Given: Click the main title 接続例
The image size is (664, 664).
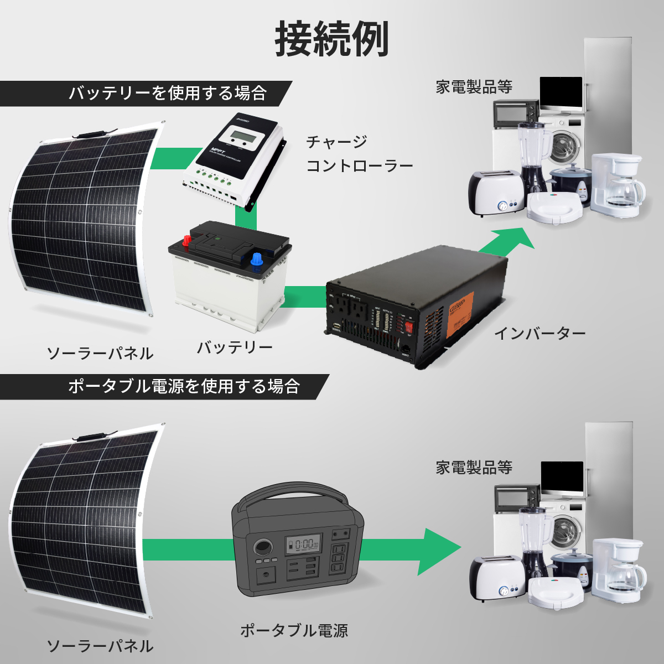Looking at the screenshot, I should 332,40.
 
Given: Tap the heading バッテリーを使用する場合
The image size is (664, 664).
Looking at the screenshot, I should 168,93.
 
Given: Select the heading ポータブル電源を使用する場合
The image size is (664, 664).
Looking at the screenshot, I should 184,386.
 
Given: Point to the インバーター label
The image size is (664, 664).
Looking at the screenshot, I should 539,334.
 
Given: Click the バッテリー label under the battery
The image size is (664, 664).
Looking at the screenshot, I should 235,347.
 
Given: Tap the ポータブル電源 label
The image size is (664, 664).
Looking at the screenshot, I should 294,630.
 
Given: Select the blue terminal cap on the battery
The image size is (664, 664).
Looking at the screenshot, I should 257,258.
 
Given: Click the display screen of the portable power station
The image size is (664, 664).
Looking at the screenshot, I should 302,545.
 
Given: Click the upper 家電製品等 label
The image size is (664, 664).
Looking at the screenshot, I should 474,87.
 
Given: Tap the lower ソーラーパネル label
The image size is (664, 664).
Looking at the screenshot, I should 100,646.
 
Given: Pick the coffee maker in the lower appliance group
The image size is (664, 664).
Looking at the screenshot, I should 618,570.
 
